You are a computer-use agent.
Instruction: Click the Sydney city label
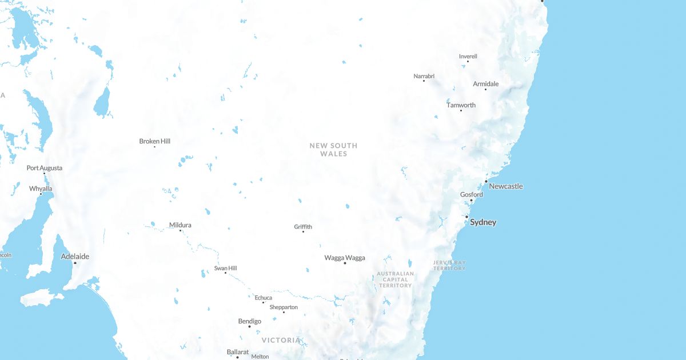pos(483,222)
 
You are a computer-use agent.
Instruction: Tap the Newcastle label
pos(506,186)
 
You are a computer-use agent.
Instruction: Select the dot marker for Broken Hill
pos(154,147)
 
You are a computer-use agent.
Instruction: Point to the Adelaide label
pos(75,257)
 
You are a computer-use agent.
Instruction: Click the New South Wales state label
pos(333,150)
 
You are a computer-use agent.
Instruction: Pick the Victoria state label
pos(281,340)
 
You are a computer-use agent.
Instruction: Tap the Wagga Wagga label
pos(345,258)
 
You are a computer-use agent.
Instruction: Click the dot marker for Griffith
pos(303,231)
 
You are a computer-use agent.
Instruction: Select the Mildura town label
pos(180,225)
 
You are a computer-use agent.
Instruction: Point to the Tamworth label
pos(461,105)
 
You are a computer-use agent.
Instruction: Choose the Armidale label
pos(486,84)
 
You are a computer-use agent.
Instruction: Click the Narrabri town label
pos(424,76)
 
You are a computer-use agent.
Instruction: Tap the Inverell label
pos(468,57)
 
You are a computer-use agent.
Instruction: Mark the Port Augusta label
pos(45,168)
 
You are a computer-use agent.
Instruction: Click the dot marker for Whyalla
pos(41,194)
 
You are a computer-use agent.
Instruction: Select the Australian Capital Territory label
pos(395,279)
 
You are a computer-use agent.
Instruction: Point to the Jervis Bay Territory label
pos(449,265)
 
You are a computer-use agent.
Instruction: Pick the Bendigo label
pos(250,321)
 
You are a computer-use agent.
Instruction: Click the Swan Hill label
pos(225,268)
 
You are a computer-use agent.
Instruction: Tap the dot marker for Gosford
pos(472,201)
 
